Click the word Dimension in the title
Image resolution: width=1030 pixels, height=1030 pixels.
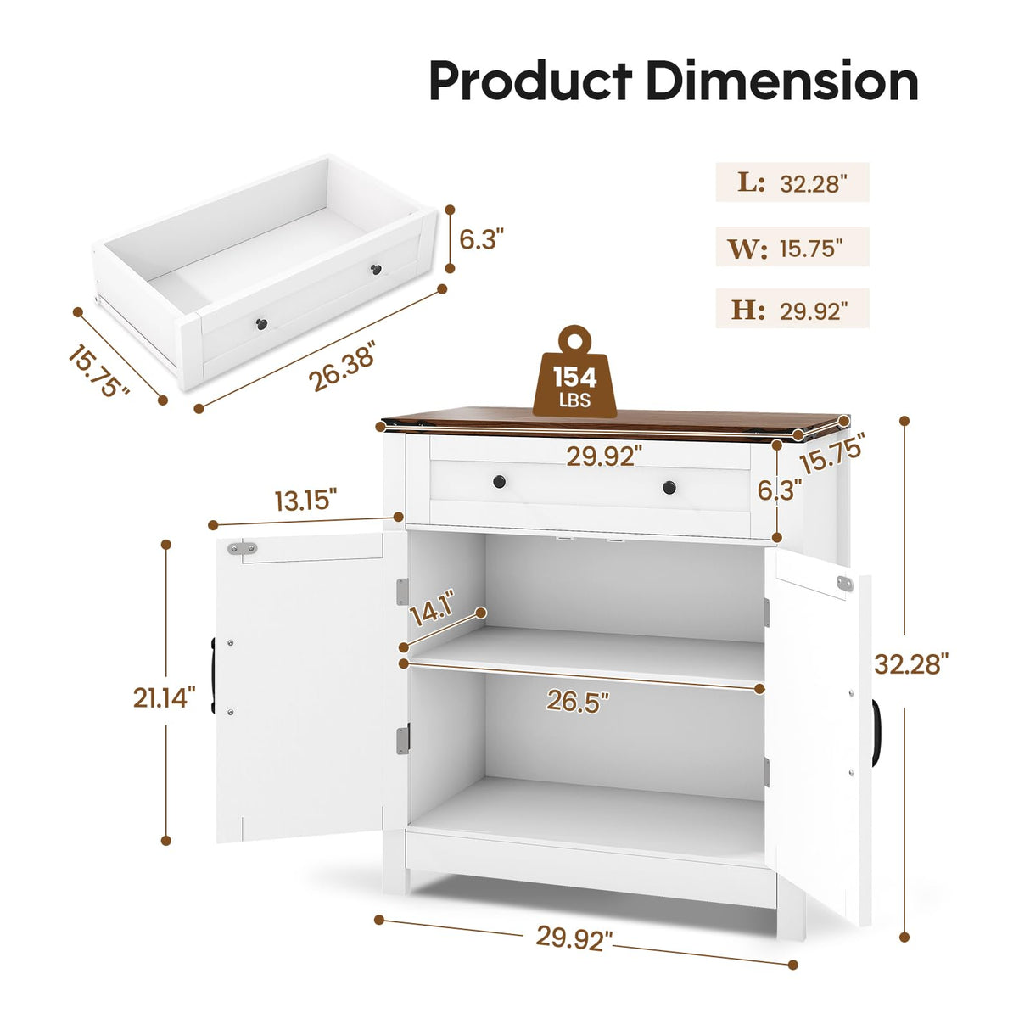pos(781,81)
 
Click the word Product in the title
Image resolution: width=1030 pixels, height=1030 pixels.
pos(529,81)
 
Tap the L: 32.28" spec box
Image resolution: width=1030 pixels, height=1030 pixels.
pos(792,182)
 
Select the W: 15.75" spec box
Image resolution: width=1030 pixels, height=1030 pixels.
pos(792,247)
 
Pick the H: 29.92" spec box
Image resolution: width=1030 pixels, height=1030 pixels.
pos(792,309)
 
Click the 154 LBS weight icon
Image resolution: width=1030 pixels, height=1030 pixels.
pos(574,377)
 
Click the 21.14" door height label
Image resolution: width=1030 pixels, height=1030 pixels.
pos(164,697)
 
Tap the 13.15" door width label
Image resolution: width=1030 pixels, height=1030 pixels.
pos(305,500)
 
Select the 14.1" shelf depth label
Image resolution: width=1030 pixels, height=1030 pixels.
pos(433,608)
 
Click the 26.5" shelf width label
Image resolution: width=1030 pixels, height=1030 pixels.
pos(578,702)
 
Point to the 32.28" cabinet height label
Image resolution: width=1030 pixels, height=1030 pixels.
pos(910,663)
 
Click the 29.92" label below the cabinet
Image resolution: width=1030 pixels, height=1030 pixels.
pos(574,938)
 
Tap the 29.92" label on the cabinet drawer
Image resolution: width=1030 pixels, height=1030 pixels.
pos(604,456)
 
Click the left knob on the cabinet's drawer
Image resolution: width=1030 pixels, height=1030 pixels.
pos(500,482)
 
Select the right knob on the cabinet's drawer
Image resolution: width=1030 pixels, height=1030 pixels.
pos(669,487)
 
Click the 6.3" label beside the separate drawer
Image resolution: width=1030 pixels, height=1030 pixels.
pos(481,239)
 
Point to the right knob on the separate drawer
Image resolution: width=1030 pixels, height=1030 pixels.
pos(376,270)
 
